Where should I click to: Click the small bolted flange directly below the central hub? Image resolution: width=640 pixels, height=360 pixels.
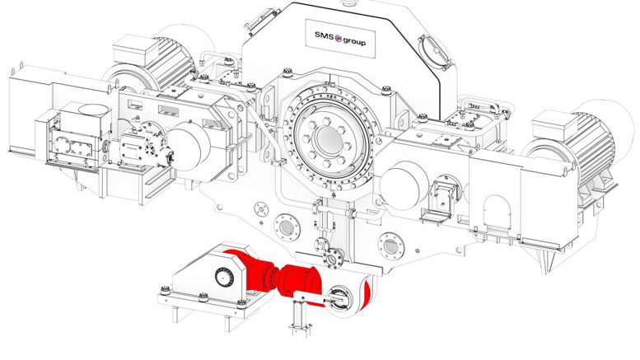pyautogui.click(x=334, y=260)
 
